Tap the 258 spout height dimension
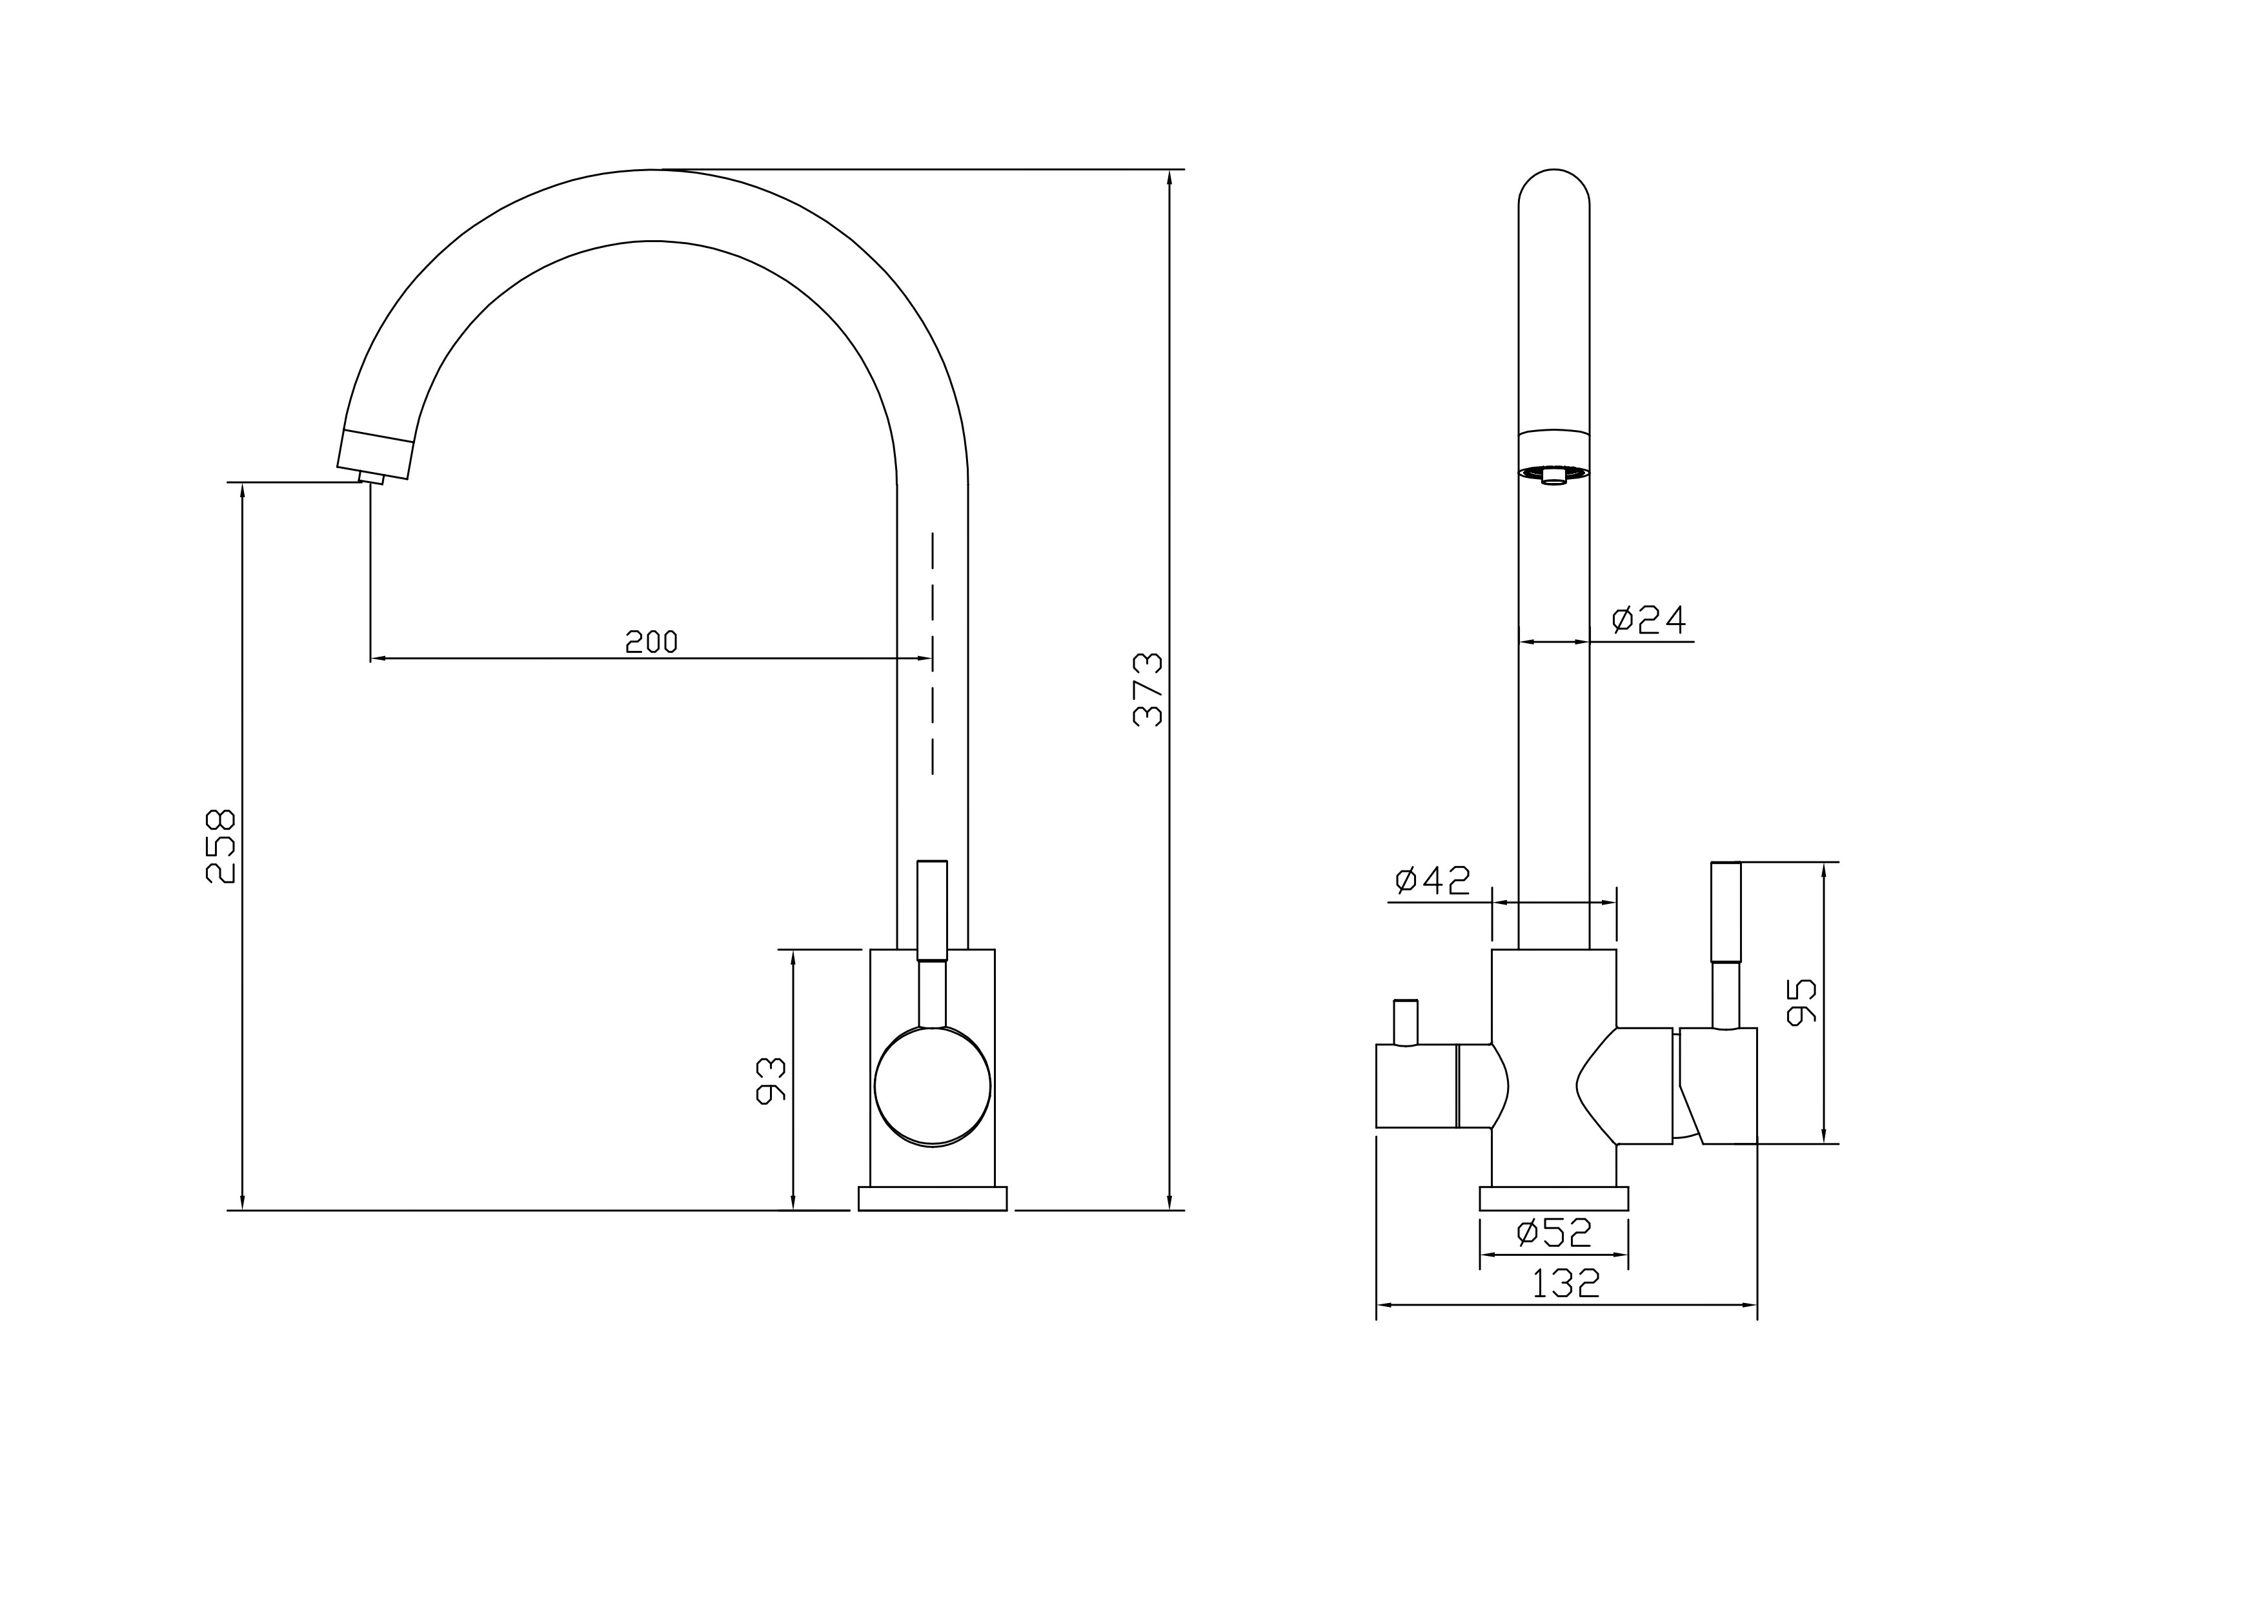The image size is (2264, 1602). [x=221, y=847]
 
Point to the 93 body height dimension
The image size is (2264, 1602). [x=771, y=1080]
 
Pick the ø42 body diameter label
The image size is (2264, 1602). [x=1433, y=880]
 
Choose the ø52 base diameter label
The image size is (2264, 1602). [x=1554, y=1231]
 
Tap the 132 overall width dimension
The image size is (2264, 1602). [x=1566, y=1284]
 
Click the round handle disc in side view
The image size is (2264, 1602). [x=932, y=1086]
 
